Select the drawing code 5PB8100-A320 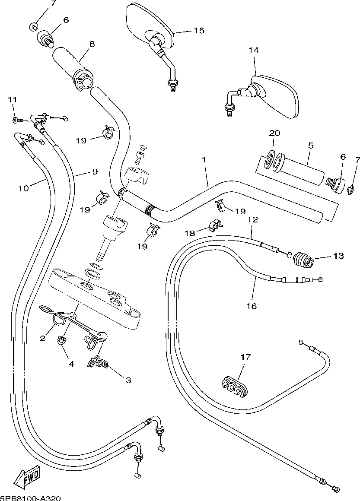click(x=31, y=498)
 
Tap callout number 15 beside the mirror click(x=199, y=30)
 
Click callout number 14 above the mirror click(x=254, y=50)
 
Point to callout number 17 click(x=245, y=356)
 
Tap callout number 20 click(x=274, y=133)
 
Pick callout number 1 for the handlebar click(x=204, y=159)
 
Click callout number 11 click(x=12, y=100)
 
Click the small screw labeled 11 click(x=17, y=120)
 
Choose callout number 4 click(x=71, y=364)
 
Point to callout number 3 click(x=128, y=380)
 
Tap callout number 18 click(x=190, y=233)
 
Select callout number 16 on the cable click(x=252, y=306)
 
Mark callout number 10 click(x=23, y=188)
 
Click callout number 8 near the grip click(x=92, y=44)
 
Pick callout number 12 click(x=252, y=219)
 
